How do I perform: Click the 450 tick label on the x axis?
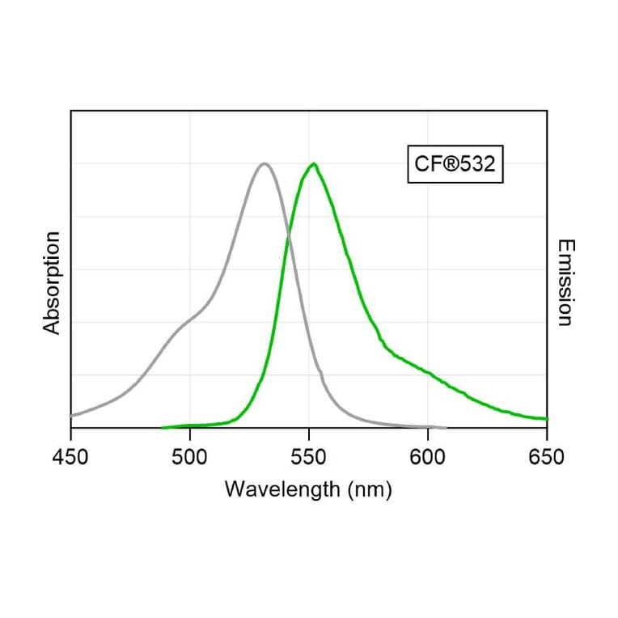click(x=70, y=457)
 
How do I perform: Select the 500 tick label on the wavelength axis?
click(x=189, y=457)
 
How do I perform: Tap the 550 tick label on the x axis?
click(x=308, y=457)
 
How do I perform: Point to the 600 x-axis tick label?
click(x=427, y=457)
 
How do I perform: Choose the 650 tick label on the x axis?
click(x=546, y=457)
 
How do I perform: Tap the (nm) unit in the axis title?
click(x=371, y=490)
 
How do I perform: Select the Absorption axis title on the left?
click(x=53, y=282)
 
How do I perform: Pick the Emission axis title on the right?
click(x=565, y=282)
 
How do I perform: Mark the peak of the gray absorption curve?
click(x=264, y=163)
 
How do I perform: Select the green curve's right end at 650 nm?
click(x=547, y=419)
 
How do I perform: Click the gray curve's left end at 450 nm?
click(x=71, y=416)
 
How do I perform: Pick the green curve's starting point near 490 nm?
click(x=163, y=427)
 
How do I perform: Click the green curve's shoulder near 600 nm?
click(x=427, y=372)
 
